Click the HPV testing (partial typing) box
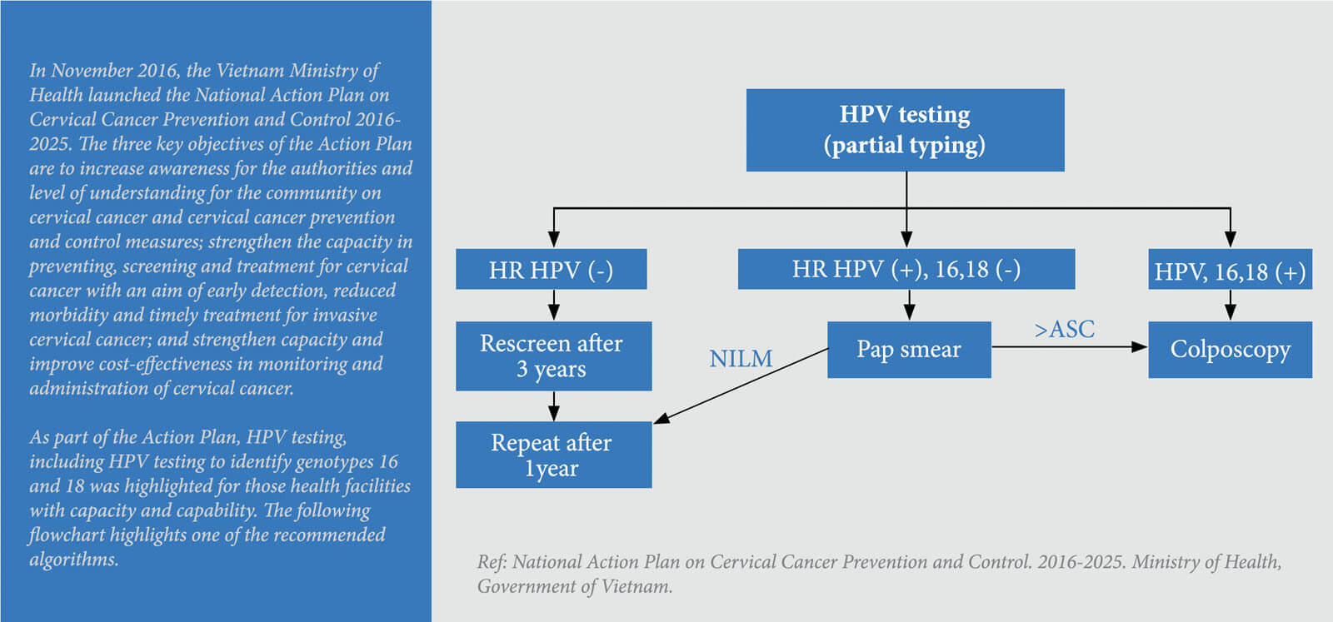(905, 130)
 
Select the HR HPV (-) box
(551, 270)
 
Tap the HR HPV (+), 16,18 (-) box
(906, 270)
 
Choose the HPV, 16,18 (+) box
(1230, 270)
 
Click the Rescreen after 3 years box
(553, 356)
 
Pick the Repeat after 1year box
(553, 455)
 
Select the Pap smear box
(909, 350)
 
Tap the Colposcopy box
(1230, 350)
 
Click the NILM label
(741, 359)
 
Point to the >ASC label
(1065, 330)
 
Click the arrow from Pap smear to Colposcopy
(1070, 347)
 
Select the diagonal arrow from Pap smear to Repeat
(741, 386)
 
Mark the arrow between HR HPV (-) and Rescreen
(554, 305)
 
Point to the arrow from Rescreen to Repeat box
(554, 406)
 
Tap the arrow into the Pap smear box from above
(909, 305)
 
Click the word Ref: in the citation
(492, 562)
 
